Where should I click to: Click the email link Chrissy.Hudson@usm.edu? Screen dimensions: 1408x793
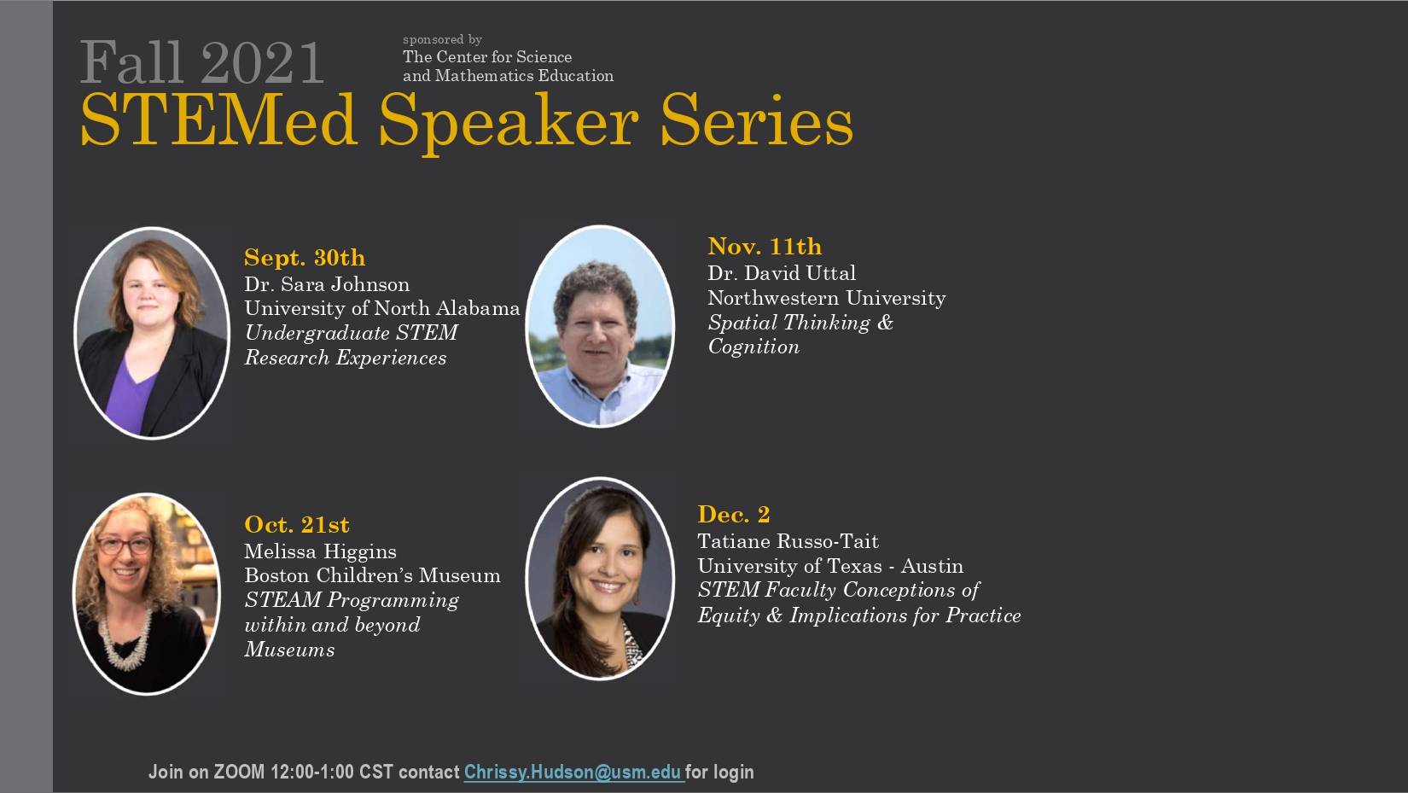[x=573, y=773]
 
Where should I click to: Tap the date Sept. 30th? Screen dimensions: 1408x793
[x=305, y=258]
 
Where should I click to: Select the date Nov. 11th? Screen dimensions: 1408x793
[x=765, y=247]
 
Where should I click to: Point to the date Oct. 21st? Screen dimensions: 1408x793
[x=297, y=524]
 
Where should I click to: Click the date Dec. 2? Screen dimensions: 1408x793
[x=734, y=515]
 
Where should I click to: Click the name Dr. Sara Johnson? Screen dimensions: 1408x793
[x=327, y=284]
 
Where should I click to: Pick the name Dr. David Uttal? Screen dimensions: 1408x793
[x=782, y=273]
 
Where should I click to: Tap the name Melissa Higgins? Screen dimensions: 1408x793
[x=321, y=551]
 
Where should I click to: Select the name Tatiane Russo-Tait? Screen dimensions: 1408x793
[x=788, y=541]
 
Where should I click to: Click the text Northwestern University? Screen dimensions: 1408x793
[x=827, y=298]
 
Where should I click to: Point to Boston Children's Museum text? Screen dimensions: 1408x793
[x=372, y=575]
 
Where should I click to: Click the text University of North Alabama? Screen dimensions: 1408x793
[x=382, y=308]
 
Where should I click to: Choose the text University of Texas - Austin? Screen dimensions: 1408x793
[x=830, y=566]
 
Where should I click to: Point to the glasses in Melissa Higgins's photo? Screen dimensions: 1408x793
[x=125, y=545]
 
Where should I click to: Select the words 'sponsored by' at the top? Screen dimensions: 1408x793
[x=443, y=39]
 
